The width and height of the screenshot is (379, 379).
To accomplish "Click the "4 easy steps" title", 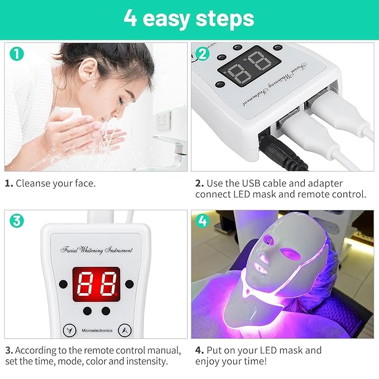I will [189, 18].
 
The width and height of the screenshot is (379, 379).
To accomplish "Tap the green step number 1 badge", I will [17, 54].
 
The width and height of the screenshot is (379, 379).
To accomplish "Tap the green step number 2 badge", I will [203, 54].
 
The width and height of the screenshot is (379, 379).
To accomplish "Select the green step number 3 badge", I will [17, 220].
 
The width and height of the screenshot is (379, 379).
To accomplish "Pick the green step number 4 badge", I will [203, 220].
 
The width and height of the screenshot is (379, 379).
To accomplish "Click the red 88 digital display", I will [95, 284].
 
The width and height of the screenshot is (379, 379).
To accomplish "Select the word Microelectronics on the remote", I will [95, 330].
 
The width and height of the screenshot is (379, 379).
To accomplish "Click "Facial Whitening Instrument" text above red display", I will [95, 250].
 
